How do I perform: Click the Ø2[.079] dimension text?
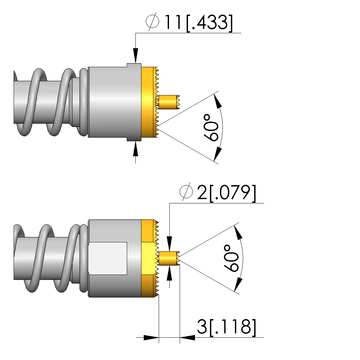(x=218, y=192)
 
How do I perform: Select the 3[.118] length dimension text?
(x=227, y=327)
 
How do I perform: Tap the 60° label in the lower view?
(x=231, y=258)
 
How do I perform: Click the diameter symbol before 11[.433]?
(x=152, y=21)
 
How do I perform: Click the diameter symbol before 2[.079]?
(x=186, y=192)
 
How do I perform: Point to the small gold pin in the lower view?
(x=169, y=259)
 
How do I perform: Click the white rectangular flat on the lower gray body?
(x=108, y=258)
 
